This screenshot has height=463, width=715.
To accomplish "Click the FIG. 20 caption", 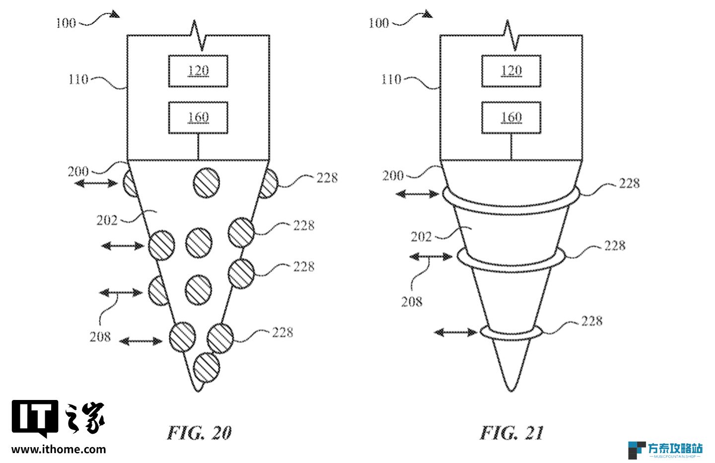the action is [x=200, y=433].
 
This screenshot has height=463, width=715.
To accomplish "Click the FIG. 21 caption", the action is [x=511, y=433].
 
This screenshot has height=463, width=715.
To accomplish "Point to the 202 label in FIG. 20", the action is [x=107, y=220].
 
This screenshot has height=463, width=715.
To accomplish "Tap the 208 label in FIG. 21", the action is [x=412, y=302].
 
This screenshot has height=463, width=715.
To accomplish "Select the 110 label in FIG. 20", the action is [x=78, y=79].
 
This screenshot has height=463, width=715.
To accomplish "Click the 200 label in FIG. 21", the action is [x=393, y=176].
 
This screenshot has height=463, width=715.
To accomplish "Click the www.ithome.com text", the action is [x=59, y=450].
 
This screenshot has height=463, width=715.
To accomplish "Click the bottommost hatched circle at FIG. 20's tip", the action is [x=207, y=367].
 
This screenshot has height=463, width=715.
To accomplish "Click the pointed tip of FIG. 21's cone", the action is [x=511, y=391].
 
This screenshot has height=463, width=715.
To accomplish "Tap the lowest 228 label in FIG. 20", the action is [x=283, y=332].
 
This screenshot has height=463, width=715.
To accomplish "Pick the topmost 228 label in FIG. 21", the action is [x=630, y=183].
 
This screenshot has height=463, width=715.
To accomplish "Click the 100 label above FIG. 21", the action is [x=378, y=23].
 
